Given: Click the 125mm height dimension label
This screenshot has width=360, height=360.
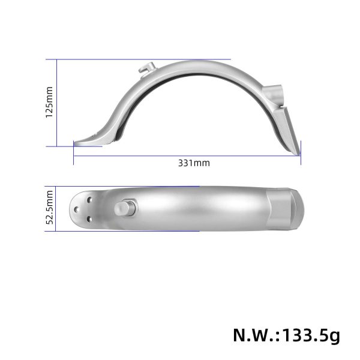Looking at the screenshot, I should pyautogui.click(x=50, y=103).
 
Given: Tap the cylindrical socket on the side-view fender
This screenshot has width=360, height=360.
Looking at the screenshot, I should pyautogui.click(x=273, y=94).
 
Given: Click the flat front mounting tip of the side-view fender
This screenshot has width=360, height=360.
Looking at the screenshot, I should pyautogui.click(x=84, y=141).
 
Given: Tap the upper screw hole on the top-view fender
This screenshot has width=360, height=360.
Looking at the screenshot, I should pyautogui.click(x=89, y=197).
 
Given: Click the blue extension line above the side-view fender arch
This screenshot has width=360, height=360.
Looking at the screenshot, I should pyautogui.click(x=180, y=59).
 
